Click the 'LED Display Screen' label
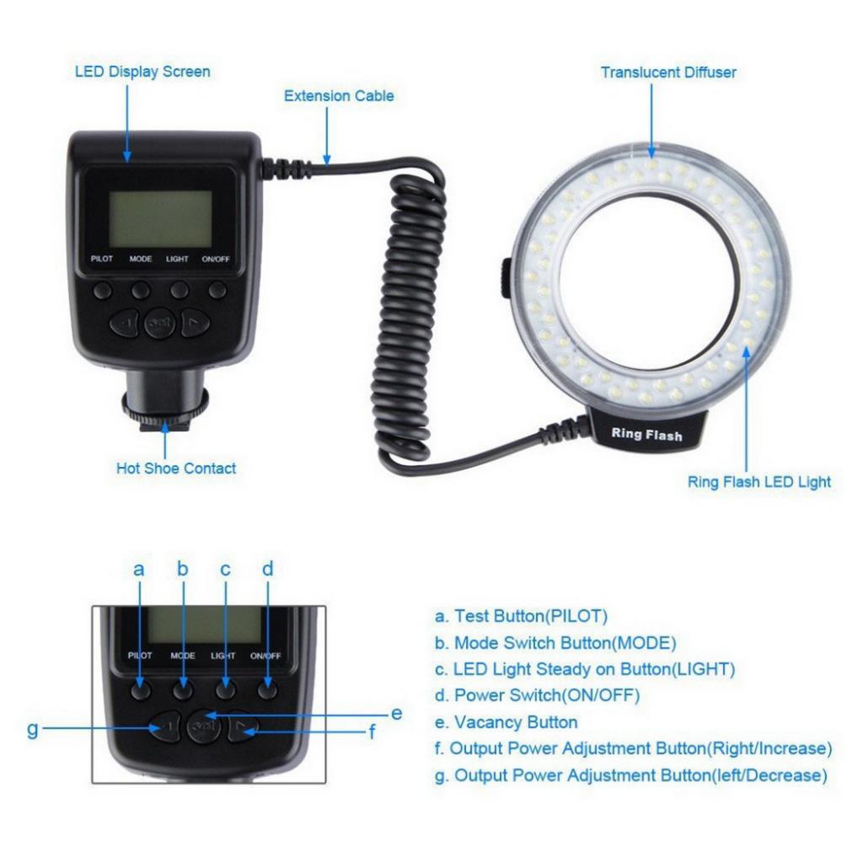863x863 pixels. click(x=142, y=72)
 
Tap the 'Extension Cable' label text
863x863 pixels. click(x=339, y=96)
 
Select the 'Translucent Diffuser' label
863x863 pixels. click(x=668, y=72)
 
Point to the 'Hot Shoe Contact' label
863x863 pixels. click(x=176, y=468)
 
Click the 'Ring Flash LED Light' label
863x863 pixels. click(x=758, y=482)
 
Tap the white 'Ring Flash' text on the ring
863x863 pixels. click(x=646, y=435)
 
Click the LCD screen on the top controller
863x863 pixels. click(x=160, y=218)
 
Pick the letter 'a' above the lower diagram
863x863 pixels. click(x=139, y=570)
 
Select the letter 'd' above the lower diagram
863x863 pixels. click(x=267, y=569)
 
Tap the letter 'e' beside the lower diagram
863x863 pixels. click(x=396, y=714)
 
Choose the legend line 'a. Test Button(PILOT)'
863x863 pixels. click(x=521, y=616)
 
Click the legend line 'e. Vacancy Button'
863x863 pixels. click(x=507, y=722)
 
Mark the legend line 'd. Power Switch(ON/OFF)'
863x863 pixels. click(x=537, y=695)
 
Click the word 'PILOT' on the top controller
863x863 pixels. click(x=102, y=259)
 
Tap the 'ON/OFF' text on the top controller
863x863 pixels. click(x=216, y=259)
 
